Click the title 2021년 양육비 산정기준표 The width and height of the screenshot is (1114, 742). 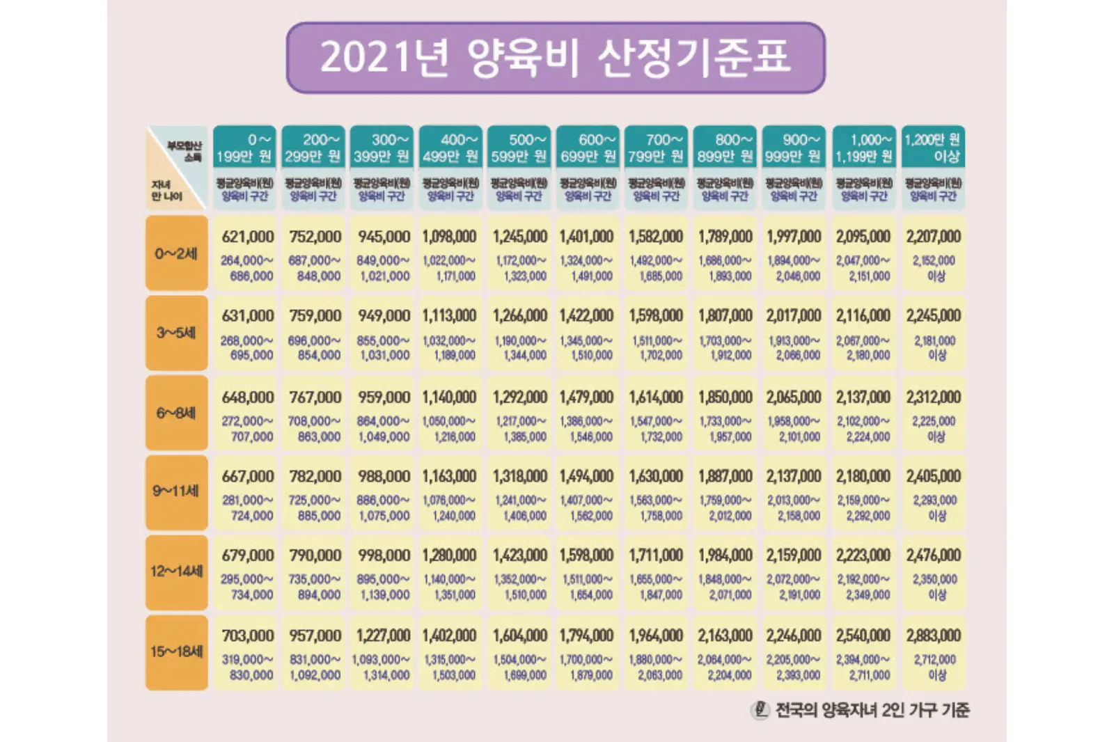click(555, 57)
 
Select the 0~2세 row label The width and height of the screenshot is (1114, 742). click(176, 253)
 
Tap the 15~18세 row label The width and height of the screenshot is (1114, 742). click(176, 652)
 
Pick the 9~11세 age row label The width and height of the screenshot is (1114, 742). click(176, 491)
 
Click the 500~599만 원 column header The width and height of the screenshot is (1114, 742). click(519, 148)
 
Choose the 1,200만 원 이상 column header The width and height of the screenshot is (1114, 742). click(933, 148)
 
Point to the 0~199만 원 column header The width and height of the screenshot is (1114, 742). click(244, 148)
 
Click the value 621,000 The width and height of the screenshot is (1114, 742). click(248, 237)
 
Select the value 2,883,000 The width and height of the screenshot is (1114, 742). click(933, 636)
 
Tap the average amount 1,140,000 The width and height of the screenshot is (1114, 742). click(449, 397)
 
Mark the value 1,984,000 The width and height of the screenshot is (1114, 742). click(725, 555)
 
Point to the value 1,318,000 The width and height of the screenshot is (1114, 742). click(519, 476)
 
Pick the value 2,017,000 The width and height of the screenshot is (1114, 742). click(794, 316)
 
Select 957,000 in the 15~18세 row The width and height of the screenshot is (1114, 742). click(315, 636)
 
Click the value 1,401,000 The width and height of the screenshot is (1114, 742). click(586, 237)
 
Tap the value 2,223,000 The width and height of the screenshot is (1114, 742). click(863, 555)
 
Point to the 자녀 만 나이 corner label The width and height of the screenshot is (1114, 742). click(166, 190)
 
